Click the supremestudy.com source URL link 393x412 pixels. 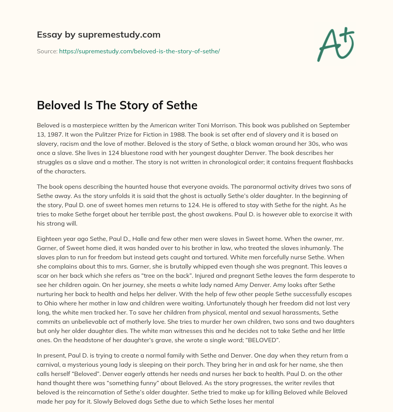click(139, 51)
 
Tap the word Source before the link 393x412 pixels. click(47, 51)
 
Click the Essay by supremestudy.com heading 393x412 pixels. click(98, 35)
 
